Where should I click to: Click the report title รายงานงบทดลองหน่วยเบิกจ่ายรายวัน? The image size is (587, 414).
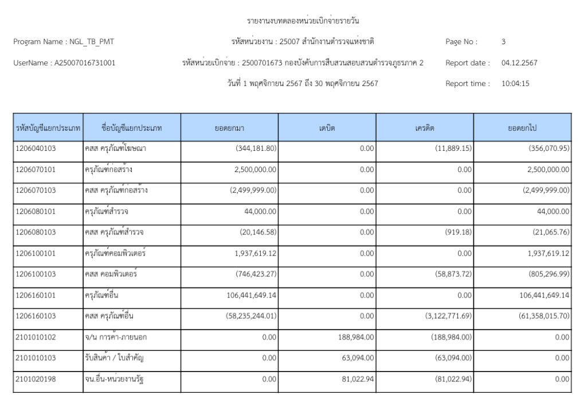tap(305, 21)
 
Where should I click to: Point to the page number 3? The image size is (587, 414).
tap(503, 42)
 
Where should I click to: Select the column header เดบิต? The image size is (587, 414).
tap(327, 127)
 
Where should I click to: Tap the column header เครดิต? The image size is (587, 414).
tap(425, 127)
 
